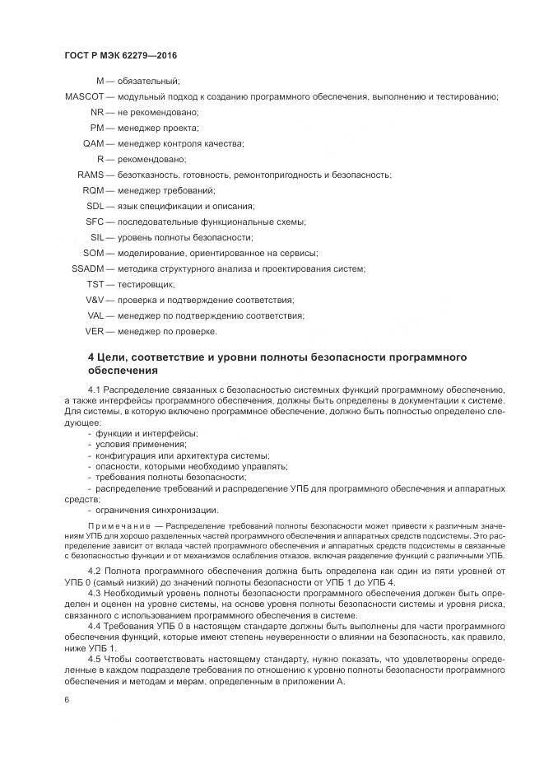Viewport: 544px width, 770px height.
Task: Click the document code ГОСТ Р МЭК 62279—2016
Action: click(x=121, y=55)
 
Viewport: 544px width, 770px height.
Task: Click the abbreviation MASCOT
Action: click(x=83, y=96)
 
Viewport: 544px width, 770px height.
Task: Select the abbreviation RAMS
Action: click(x=91, y=175)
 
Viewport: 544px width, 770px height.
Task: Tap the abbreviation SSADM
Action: click(x=89, y=268)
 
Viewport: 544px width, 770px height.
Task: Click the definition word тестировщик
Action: click(x=146, y=284)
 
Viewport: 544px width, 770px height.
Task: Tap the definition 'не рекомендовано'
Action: click(x=158, y=112)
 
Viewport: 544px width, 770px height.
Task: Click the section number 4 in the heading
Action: click(x=91, y=357)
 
